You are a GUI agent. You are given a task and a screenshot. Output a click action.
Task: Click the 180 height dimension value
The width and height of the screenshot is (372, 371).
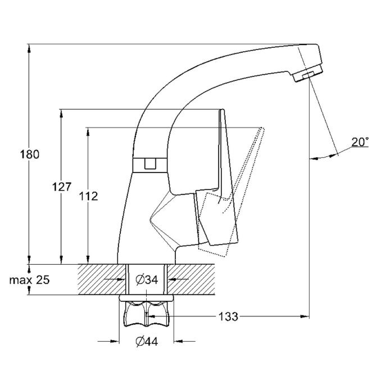point(30,155)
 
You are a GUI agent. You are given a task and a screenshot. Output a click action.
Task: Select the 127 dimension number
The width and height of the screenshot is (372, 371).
point(62,186)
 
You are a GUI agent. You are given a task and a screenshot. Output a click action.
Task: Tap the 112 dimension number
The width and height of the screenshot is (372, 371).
point(89,196)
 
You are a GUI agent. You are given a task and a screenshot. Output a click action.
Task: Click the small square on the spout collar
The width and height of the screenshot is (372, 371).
point(149,164)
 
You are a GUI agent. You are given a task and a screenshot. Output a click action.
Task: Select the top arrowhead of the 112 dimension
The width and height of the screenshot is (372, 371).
point(88,131)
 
